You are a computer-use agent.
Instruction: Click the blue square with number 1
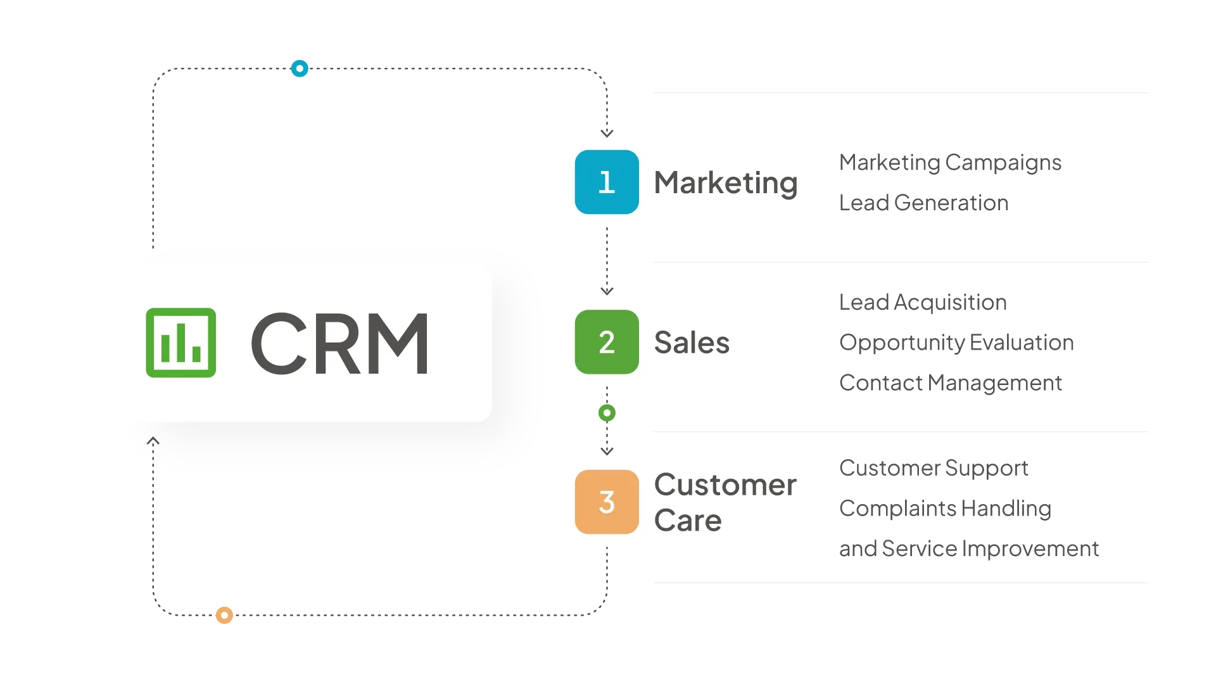point(607,182)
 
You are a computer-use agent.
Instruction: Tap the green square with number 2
point(607,342)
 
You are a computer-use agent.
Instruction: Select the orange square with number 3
point(607,502)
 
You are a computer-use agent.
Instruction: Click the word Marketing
point(725,183)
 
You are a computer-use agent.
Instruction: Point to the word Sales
point(692,343)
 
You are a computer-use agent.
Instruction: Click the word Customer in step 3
point(725,485)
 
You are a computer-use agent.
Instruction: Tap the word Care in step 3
point(688,521)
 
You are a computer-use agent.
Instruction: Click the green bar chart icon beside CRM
point(181,343)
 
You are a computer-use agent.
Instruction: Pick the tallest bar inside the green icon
point(181,343)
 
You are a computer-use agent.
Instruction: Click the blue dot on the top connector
point(299,68)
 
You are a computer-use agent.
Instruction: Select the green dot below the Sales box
point(607,413)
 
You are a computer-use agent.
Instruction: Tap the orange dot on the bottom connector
point(224,615)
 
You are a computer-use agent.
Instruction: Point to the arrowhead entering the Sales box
point(607,291)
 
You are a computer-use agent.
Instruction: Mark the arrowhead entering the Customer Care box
point(607,451)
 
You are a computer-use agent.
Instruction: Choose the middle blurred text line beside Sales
point(954,343)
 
